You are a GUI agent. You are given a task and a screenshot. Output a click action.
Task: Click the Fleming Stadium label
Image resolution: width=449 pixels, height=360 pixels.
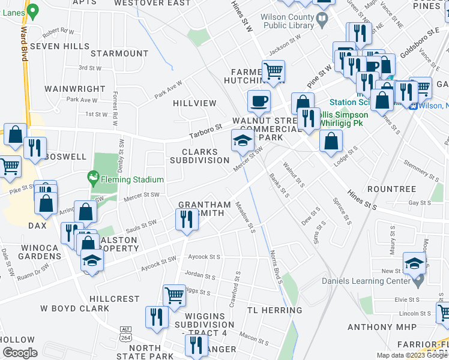131,179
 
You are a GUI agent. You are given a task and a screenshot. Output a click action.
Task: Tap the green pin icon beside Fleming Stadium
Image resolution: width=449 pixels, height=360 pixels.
92,178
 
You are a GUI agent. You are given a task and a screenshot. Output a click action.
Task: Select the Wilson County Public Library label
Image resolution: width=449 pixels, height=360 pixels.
289,22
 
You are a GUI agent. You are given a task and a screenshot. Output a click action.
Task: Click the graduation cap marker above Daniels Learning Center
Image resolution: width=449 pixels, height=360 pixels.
414,263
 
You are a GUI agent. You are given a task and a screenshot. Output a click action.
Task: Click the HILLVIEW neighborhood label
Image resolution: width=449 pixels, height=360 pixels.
194,103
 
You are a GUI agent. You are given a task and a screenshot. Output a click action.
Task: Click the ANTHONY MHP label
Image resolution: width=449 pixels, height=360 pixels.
378,327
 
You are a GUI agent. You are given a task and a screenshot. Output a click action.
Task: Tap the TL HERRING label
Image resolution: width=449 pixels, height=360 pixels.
274,310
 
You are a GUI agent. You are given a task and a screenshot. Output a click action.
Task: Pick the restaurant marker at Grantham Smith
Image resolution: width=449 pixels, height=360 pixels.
187,220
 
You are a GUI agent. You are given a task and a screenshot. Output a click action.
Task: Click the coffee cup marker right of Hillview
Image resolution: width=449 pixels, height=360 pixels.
259,100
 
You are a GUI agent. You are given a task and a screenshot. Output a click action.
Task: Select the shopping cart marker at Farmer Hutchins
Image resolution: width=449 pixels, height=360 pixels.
273,71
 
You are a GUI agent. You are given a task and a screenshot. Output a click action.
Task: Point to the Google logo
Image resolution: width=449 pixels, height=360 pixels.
20,353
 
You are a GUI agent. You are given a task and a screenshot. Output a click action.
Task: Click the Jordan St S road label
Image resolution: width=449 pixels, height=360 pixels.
200,275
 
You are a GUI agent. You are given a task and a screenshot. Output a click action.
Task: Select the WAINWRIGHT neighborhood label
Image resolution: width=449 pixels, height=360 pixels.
71,89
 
